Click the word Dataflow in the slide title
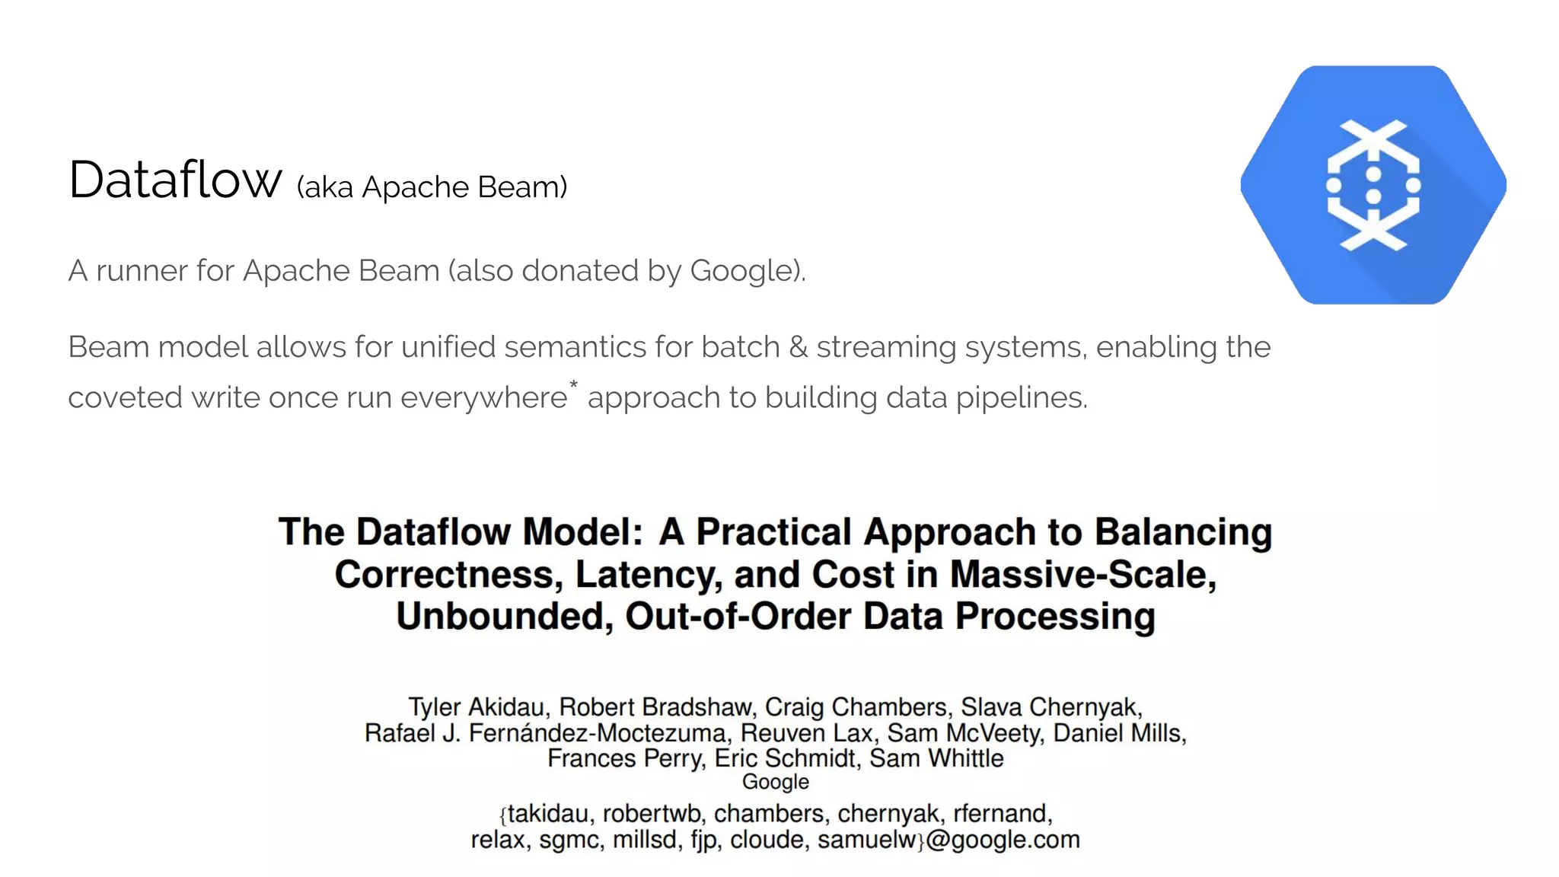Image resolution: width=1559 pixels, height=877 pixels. pyautogui.click(x=175, y=180)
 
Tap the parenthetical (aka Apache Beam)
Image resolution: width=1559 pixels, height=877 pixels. pyautogui.click(x=432, y=187)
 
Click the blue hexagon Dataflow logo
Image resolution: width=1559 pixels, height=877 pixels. pyautogui.click(x=1373, y=185)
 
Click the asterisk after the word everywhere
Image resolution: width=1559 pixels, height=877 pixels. pyautogui.click(x=573, y=384)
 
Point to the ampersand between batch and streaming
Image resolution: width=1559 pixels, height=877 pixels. pyautogui.click(x=798, y=347)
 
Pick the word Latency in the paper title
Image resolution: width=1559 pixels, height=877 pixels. pyautogui.click(x=648, y=575)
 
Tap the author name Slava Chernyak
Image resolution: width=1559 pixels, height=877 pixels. pyautogui.click(x=1050, y=707)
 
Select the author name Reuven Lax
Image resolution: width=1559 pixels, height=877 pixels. pyautogui.click(x=806, y=733)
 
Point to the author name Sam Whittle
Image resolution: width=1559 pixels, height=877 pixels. pyautogui.click(x=936, y=758)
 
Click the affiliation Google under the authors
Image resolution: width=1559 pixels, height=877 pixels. pyautogui.click(x=776, y=782)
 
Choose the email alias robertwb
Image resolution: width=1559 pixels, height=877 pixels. pyautogui.click(x=651, y=814)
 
